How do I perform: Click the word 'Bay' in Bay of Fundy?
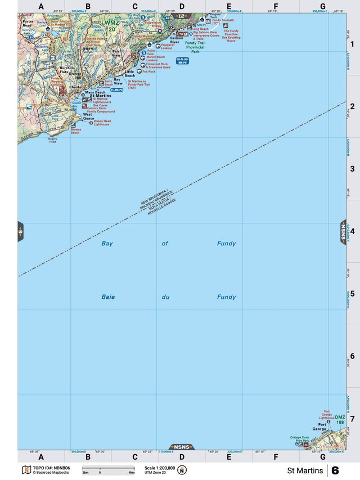coord(107,244)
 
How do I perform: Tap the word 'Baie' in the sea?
coord(108,297)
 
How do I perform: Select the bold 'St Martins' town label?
coord(100,96)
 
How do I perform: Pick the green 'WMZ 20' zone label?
coord(112,25)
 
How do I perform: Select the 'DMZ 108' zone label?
coord(340,419)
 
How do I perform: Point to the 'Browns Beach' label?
coord(76,131)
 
